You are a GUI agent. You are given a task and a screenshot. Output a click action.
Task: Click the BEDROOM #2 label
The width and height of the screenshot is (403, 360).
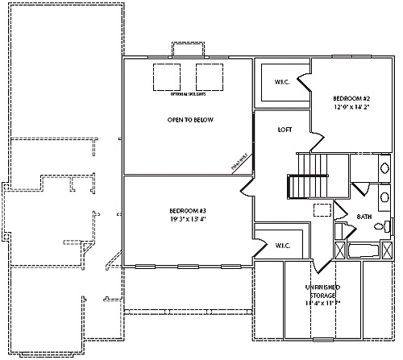[351, 99]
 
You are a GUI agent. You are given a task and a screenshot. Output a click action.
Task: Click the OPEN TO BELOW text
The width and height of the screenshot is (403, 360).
[185, 120]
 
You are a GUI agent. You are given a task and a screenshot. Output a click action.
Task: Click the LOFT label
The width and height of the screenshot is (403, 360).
[285, 130]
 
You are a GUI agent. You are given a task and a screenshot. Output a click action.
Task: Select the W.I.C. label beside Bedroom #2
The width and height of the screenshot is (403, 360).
[282, 81]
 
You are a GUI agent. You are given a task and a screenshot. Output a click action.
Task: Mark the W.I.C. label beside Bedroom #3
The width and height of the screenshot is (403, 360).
[282, 245]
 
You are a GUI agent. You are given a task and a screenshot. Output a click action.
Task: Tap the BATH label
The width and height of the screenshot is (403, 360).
[364, 217]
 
